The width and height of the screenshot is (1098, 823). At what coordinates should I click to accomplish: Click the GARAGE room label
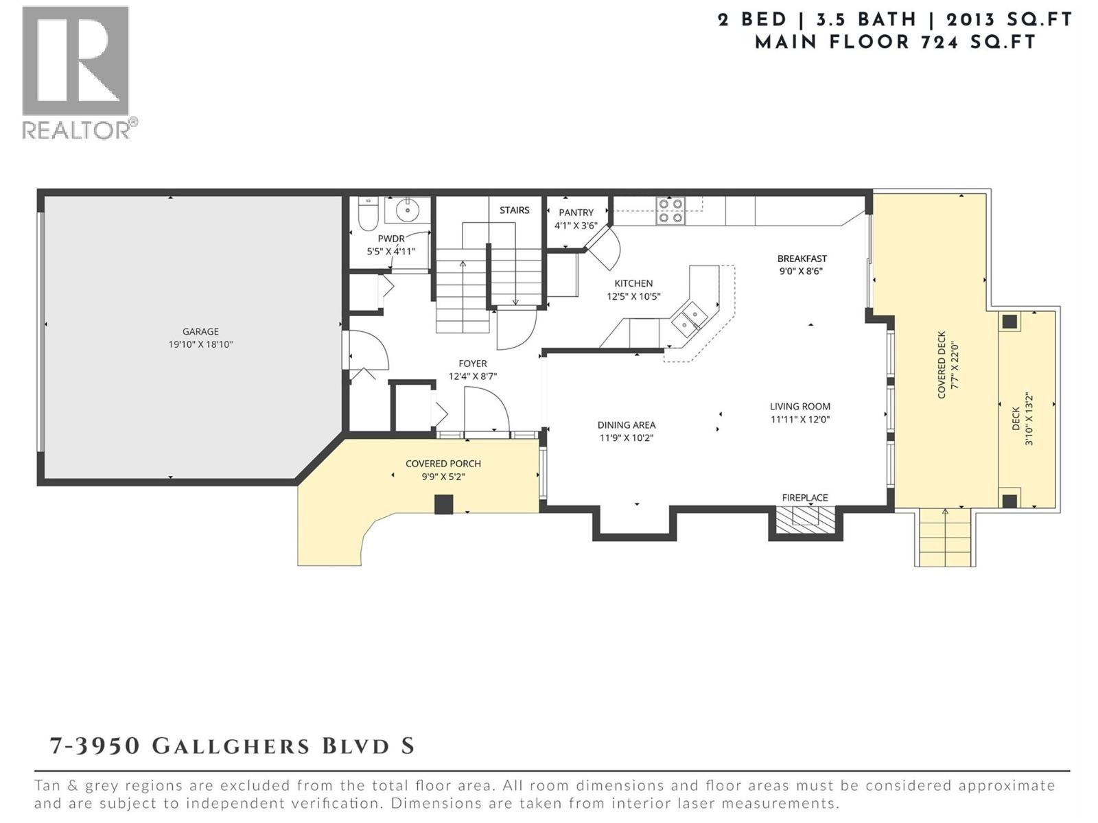(x=200, y=331)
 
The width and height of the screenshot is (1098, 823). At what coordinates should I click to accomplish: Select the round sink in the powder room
(x=408, y=211)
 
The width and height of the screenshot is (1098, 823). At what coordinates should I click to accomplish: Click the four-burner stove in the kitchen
(x=670, y=211)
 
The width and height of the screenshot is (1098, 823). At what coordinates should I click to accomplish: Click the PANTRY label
(x=576, y=213)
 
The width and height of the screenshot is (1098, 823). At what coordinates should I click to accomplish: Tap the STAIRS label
(x=514, y=210)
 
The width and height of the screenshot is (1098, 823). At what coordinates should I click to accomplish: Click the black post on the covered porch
(x=444, y=504)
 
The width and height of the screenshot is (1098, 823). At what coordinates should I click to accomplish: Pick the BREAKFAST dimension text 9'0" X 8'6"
(x=800, y=271)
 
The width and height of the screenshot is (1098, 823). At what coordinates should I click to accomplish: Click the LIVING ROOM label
(x=799, y=406)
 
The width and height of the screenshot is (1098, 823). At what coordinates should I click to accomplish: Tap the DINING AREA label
(x=626, y=425)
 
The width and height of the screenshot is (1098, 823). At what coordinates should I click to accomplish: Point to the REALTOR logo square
(x=75, y=60)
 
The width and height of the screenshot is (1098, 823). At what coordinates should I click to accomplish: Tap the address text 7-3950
(x=95, y=746)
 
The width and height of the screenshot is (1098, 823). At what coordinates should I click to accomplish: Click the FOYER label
(x=472, y=363)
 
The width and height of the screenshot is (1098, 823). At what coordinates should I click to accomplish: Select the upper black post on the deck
(x=1009, y=322)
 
